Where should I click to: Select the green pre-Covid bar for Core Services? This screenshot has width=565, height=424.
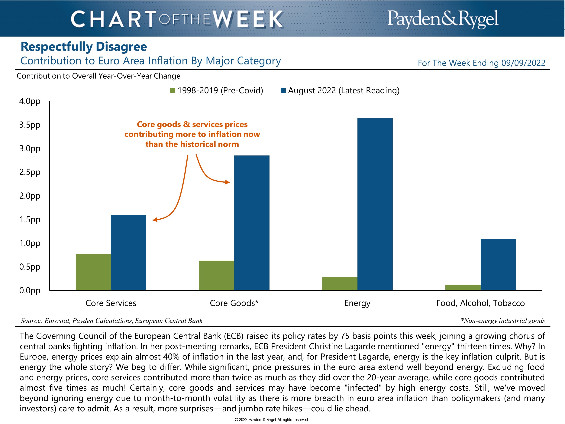pos(93,272)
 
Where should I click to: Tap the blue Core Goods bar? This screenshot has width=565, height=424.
pos(252,223)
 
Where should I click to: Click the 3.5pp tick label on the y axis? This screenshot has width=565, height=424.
pos(30,125)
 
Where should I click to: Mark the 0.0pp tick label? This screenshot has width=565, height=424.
pos(30,291)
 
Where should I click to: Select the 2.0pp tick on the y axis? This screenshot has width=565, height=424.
pos(30,196)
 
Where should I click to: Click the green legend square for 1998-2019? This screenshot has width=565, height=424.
pos(172,90)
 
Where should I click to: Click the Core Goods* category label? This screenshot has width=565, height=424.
pos(234,303)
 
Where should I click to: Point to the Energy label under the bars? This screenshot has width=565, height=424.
pos(357,303)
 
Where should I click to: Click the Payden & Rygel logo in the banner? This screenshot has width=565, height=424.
pos(443,19)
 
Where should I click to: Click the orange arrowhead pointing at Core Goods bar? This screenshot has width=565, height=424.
pos(227,182)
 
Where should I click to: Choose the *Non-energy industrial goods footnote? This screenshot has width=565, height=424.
pos(503,321)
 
